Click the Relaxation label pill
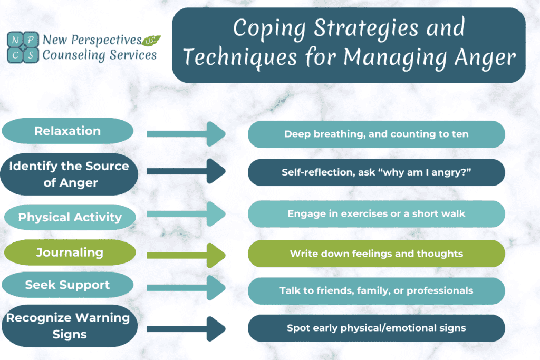pos(67,131)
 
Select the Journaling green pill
pos(69,252)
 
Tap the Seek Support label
pos(67,285)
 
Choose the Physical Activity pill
pos(70,217)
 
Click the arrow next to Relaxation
pos(186,134)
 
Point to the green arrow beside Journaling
pos(186,255)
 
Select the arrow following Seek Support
pos(186,288)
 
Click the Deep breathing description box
pos(376,134)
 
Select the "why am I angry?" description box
pos(376,172)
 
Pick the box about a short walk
pos(376,213)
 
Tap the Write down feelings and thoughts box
pos(376,254)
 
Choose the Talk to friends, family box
pos(376,290)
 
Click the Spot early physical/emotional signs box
pos(376,328)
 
